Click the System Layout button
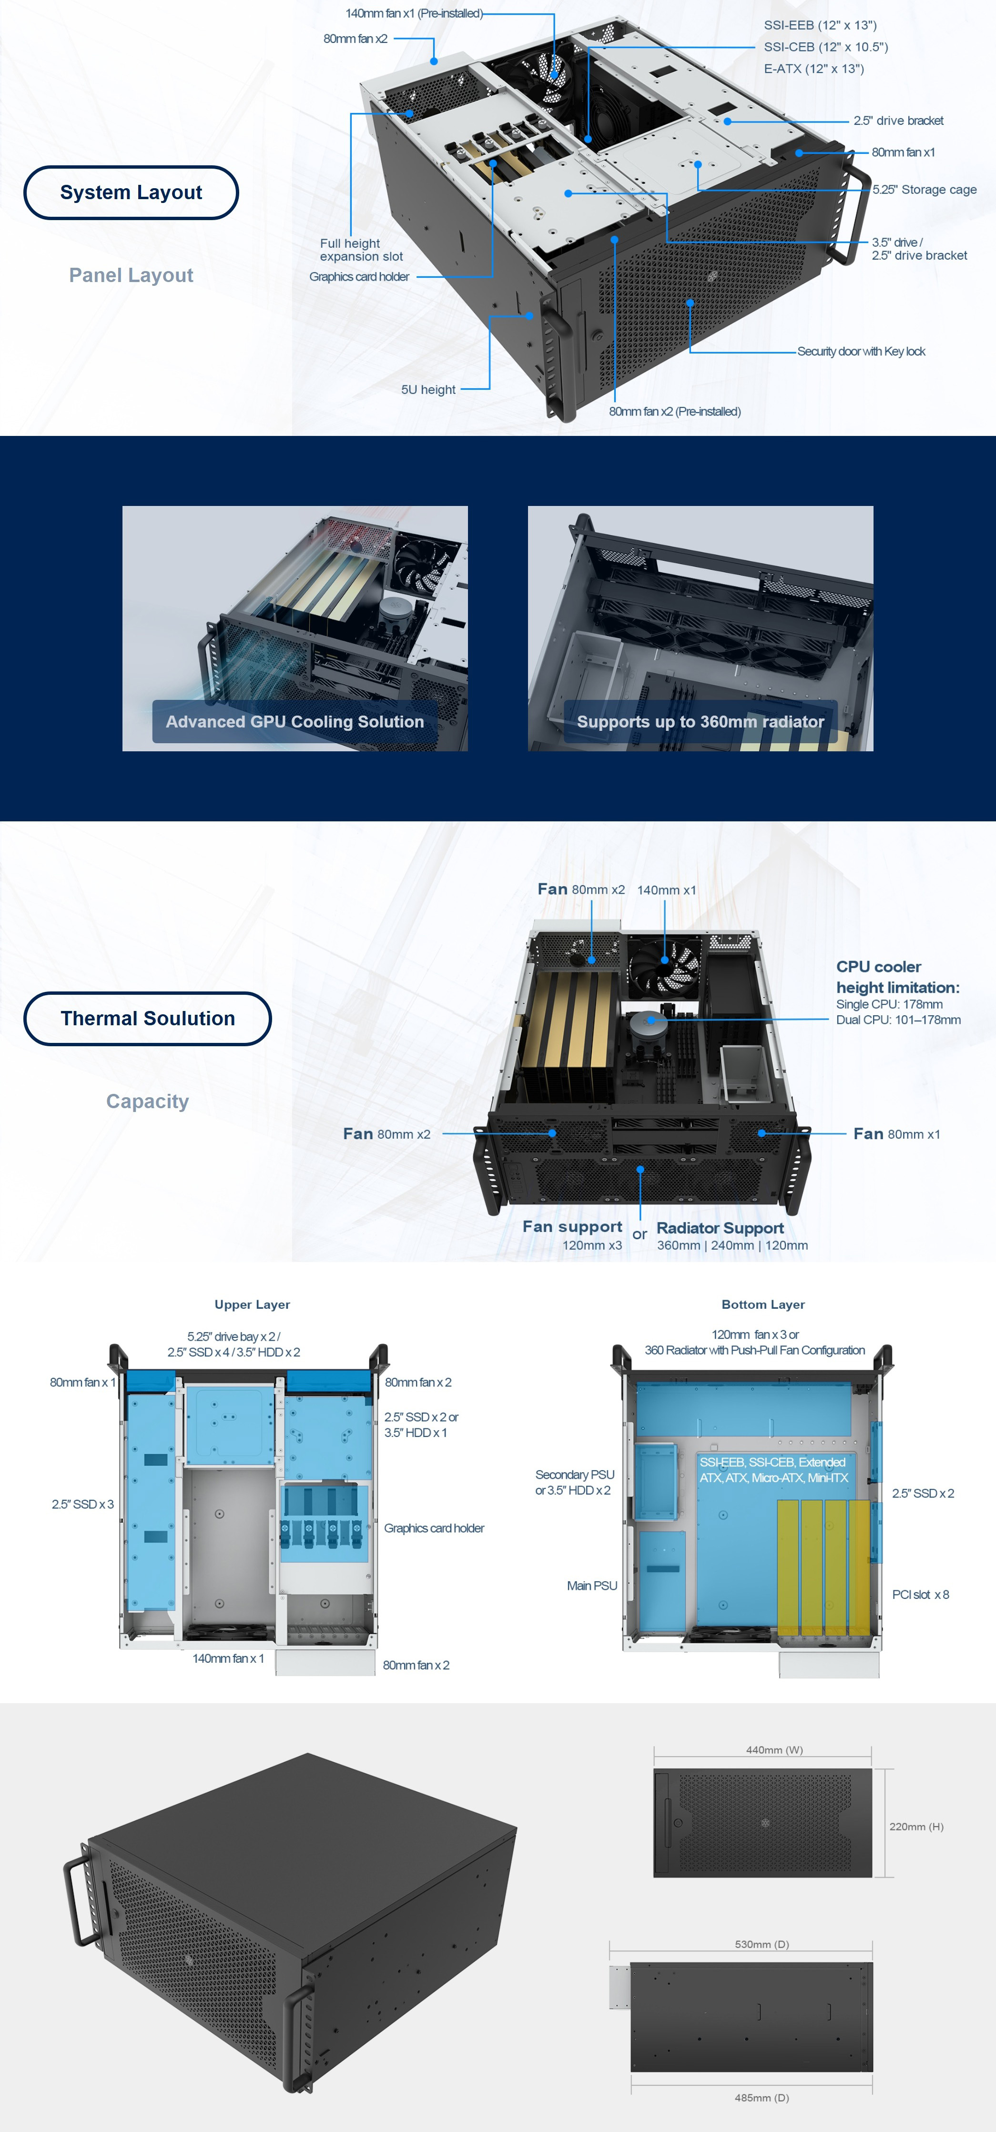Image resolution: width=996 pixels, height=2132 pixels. [131, 193]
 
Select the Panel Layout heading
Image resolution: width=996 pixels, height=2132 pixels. [131, 275]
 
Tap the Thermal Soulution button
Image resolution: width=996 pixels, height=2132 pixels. [147, 1019]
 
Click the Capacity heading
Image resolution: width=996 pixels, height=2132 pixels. [147, 1101]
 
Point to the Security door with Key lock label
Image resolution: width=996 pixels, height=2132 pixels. [861, 352]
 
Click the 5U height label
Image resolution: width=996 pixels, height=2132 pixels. [428, 390]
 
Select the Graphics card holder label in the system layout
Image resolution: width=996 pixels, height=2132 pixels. [359, 277]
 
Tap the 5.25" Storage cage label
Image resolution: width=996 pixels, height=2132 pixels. [924, 190]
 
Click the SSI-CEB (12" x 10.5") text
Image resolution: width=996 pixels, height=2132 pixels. [825, 47]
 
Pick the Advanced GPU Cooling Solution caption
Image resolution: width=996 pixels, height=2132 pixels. [295, 722]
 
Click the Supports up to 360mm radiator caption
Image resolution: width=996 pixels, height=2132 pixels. [701, 722]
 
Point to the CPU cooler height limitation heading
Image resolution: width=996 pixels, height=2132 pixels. [897, 977]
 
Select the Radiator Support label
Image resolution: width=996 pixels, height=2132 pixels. [720, 1228]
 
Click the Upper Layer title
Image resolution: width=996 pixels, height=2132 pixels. [253, 1304]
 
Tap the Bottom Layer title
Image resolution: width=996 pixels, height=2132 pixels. [762, 1304]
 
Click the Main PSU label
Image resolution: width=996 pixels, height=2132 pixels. [592, 1586]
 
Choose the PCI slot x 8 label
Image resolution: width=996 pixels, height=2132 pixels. [920, 1595]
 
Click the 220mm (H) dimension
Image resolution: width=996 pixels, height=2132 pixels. [915, 1827]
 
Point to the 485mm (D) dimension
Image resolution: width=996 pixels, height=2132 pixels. [762, 2098]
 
